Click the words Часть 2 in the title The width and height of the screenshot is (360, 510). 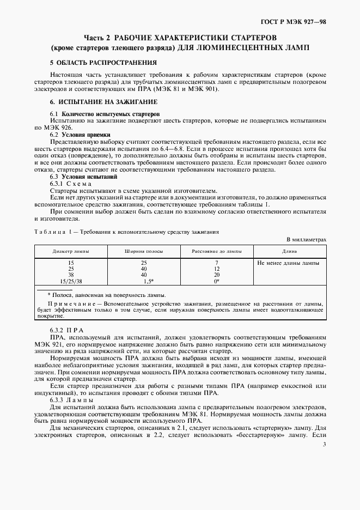click(x=97, y=38)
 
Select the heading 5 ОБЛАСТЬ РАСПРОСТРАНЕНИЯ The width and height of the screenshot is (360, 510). click(x=92, y=63)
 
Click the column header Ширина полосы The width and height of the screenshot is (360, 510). click(x=143, y=252)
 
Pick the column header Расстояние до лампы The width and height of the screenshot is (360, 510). click(x=216, y=252)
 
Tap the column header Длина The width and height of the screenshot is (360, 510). click(x=289, y=252)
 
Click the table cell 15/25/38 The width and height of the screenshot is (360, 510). click(x=71, y=281)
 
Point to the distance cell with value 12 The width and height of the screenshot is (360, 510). click(x=216, y=269)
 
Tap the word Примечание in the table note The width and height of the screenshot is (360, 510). click(x=70, y=302)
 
